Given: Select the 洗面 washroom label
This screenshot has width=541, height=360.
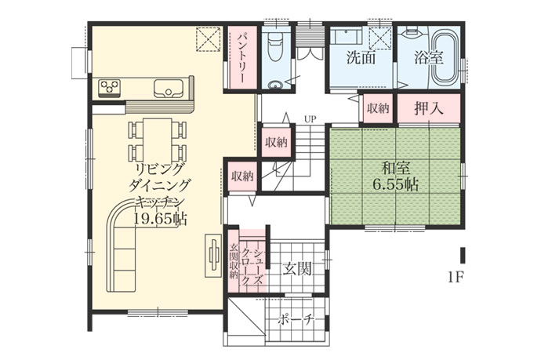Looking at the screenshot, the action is [x=361, y=57].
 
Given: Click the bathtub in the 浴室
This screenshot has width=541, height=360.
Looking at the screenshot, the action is [x=445, y=60].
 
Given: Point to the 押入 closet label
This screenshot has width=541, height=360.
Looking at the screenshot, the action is [x=429, y=109].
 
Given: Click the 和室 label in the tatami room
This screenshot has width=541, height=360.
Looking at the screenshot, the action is [x=395, y=169].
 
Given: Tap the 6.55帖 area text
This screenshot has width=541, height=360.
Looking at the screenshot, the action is [x=395, y=185].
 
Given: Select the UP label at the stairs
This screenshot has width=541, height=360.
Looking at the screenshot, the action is [x=310, y=119].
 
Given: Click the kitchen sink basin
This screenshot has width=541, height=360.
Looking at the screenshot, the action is [x=169, y=89].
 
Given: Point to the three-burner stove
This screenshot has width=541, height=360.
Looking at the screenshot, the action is [x=109, y=86].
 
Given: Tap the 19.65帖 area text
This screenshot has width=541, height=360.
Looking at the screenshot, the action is [x=160, y=219].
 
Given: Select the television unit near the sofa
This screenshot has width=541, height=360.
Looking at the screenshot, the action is [x=213, y=256].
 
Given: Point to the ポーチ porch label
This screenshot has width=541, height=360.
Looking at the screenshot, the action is [x=296, y=321].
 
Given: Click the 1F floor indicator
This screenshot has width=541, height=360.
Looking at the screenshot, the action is [x=455, y=277].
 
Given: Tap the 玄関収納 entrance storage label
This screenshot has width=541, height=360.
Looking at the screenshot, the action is [x=234, y=261].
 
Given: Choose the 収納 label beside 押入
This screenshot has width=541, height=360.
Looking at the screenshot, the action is [x=378, y=109].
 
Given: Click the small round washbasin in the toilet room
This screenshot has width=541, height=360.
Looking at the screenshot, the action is [x=274, y=85].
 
